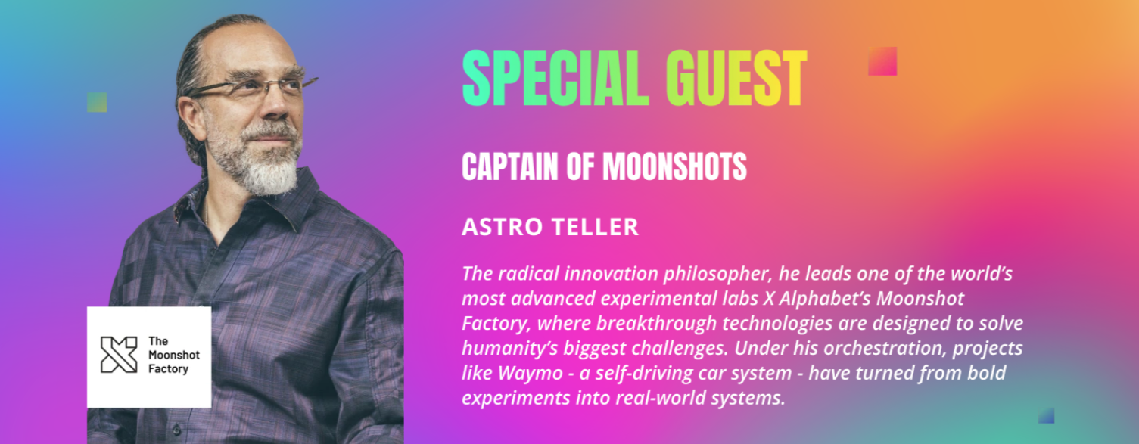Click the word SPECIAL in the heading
tap(555, 78)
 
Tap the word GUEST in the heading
tap(736, 78)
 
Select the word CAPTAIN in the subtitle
tap(510, 166)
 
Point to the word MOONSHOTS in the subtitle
tap(675, 166)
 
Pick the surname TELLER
tap(595, 227)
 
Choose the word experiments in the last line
tap(515, 399)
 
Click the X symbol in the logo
tap(119, 355)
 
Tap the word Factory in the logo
tap(168, 369)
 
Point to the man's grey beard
tap(264, 163)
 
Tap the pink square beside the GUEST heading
tap(882, 61)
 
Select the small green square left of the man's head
tap(97, 102)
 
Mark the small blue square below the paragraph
tap(1046, 415)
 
